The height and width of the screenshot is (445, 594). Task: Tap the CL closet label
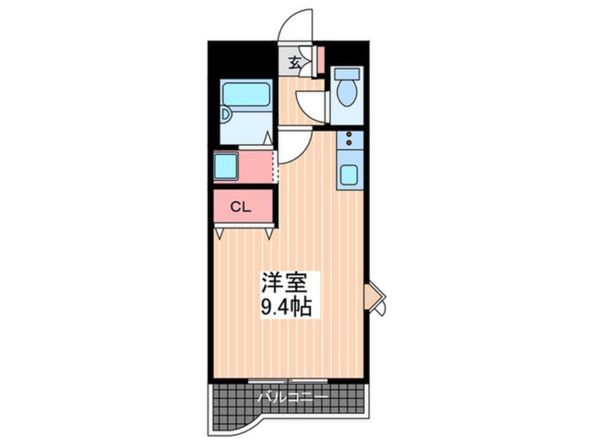(x=242, y=207)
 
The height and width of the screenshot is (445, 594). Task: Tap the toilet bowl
(x=346, y=92)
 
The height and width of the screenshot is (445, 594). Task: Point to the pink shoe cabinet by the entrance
(x=320, y=60)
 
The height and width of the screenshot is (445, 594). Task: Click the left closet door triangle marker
(x=220, y=232)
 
